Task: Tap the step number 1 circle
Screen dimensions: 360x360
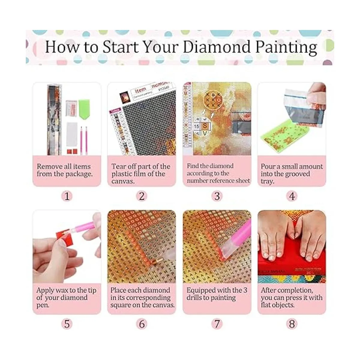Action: click(67, 196)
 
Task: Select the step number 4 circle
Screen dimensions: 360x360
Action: click(292, 196)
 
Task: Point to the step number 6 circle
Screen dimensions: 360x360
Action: click(142, 324)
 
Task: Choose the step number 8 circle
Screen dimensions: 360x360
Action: click(292, 324)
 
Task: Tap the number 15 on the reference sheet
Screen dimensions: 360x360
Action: click(196, 126)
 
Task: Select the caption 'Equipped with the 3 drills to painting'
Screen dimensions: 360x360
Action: click(217, 294)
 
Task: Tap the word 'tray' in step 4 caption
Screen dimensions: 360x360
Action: click(267, 181)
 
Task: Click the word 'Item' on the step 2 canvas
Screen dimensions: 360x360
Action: click(140, 89)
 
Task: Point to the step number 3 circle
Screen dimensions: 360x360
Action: click(217, 196)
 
